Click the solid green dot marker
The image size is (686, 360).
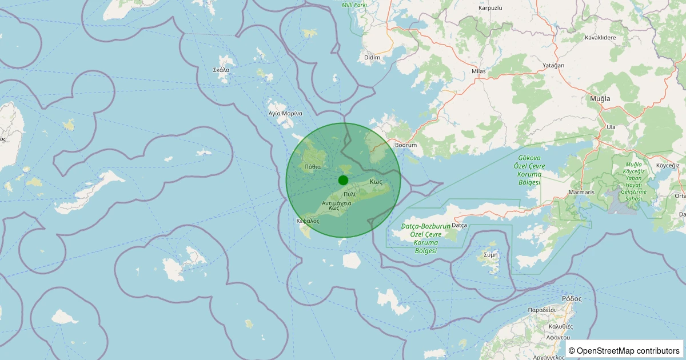(343, 180)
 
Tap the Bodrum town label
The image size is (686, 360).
(406, 145)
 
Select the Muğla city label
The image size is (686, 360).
(600, 98)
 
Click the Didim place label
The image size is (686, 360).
(372, 58)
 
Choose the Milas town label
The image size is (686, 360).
(478, 71)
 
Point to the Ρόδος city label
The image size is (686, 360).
(572, 298)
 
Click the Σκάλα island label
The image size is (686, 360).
(221, 70)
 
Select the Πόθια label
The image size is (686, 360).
(313, 166)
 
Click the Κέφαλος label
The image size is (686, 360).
(308, 220)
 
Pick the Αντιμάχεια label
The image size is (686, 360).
(337, 203)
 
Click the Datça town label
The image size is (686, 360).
(460, 226)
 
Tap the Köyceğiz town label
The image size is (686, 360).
(667, 165)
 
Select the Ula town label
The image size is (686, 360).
(611, 126)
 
